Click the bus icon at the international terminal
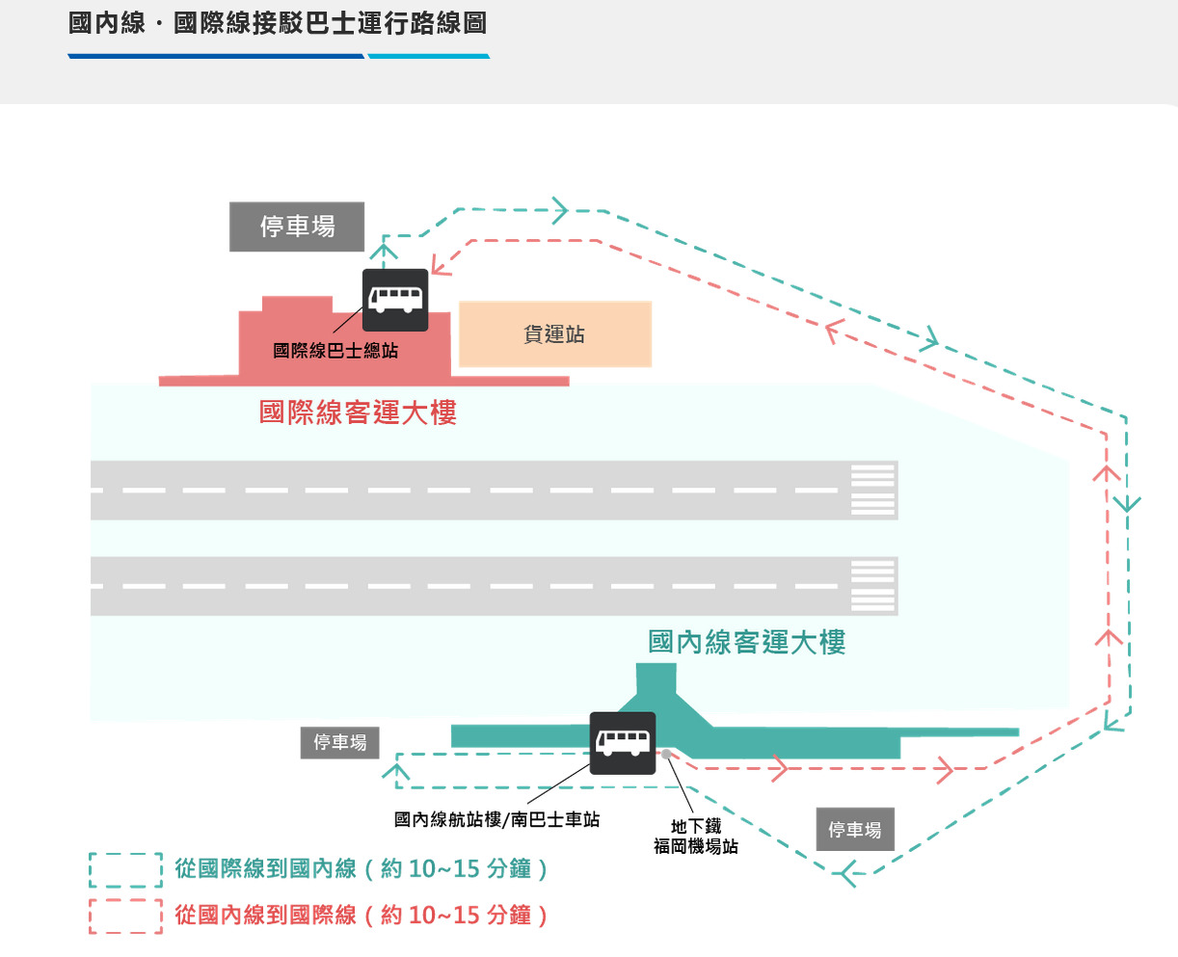pyautogui.click(x=395, y=300)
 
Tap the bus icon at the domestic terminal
pyautogui.click(x=623, y=743)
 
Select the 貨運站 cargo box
pyautogui.click(x=555, y=334)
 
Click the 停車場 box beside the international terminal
pyautogui.click(x=297, y=226)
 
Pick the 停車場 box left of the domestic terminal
pyautogui.click(x=339, y=742)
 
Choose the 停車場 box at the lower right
pyautogui.click(x=855, y=829)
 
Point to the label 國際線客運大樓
pyautogui.click(x=358, y=412)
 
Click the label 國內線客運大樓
pyautogui.click(x=747, y=642)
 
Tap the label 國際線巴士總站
pyautogui.click(x=335, y=351)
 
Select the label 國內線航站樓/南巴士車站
pyautogui.click(x=496, y=819)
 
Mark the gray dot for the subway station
pyautogui.click(x=666, y=754)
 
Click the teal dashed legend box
pyautogui.click(x=125, y=869)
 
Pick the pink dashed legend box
pyautogui.click(x=125, y=916)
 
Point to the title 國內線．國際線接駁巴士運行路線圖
pyautogui.click(x=278, y=23)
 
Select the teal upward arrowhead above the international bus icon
pyautogui.click(x=384, y=252)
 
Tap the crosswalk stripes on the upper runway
pyautogui.click(x=873, y=490)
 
